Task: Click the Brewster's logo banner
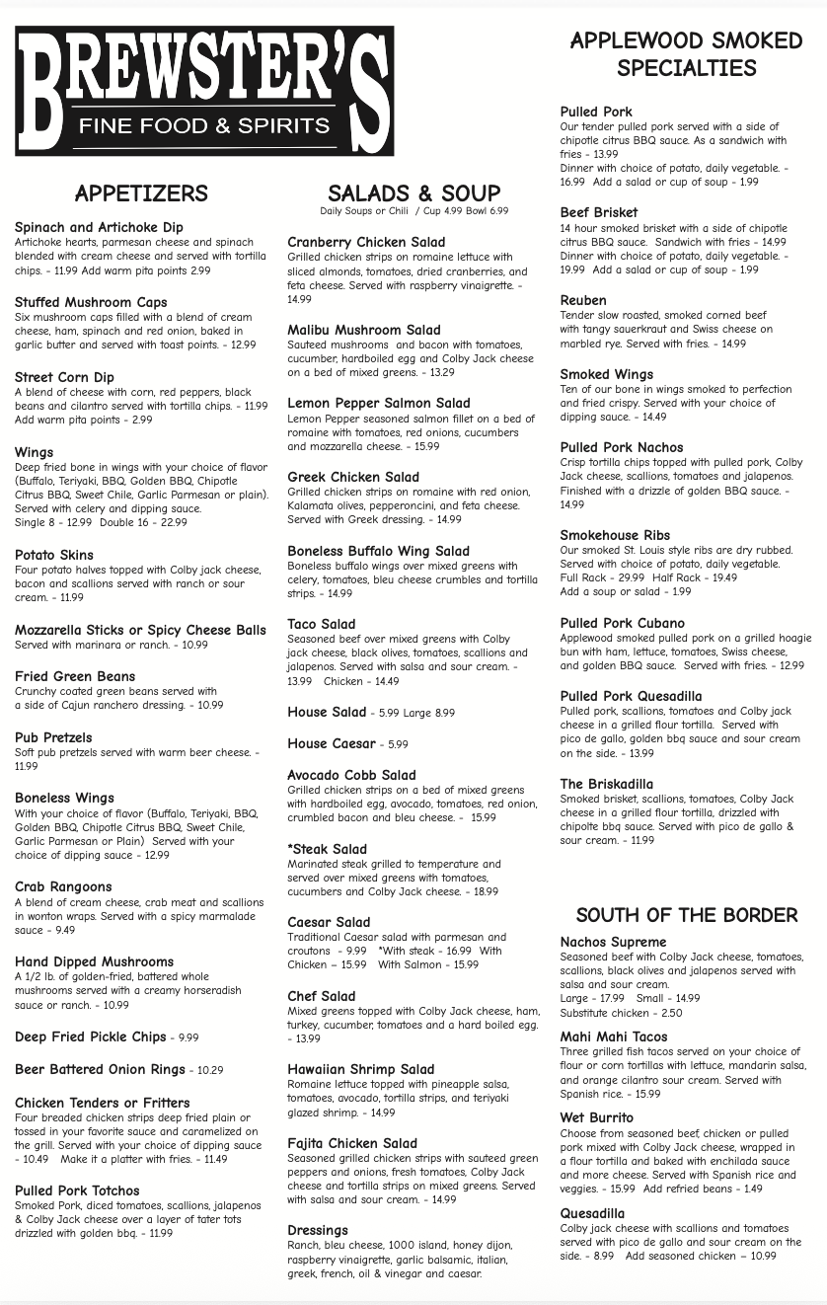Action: coord(204,91)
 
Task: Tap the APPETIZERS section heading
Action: coord(141,193)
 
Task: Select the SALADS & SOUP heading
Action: coord(413,192)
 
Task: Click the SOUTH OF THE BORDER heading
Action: coord(686,915)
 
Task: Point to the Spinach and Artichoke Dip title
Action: coord(99,227)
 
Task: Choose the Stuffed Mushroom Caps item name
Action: coord(91,302)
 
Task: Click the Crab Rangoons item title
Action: coord(63,886)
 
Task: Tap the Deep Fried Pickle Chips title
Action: coord(91,1036)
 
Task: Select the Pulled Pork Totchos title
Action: coord(77,1190)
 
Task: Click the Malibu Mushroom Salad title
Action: coord(364,330)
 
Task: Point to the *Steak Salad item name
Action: coord(327,849)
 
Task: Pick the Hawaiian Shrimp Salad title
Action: coord(360,1069)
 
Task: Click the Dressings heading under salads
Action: coord(318,1230)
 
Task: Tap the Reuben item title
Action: coord(583,300)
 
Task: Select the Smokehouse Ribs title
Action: coord(615,535)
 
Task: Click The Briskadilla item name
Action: coord(607,784)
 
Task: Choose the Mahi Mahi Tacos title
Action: coord(614,1036)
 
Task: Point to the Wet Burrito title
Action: coord(597,1117)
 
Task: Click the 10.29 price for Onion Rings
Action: coord(210,1070)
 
